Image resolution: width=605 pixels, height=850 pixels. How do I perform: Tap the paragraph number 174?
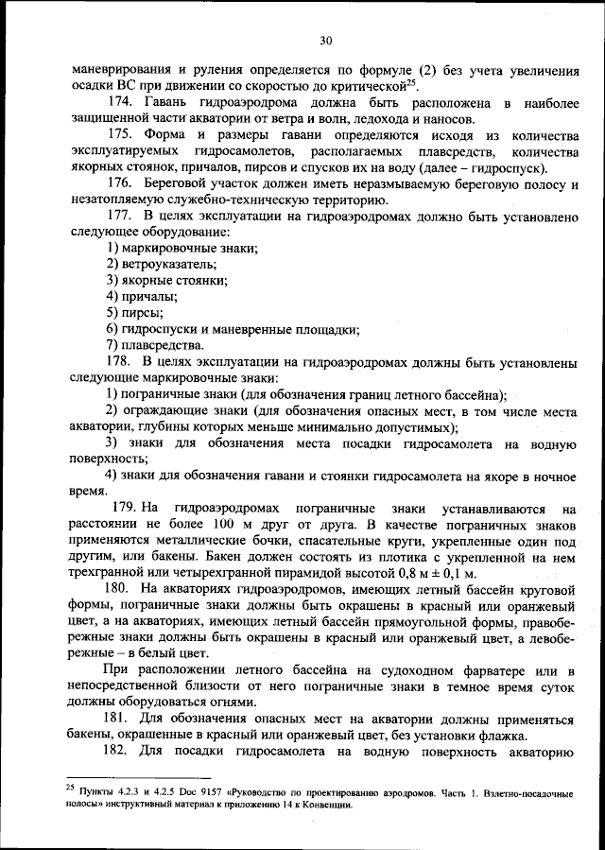pos(120,101)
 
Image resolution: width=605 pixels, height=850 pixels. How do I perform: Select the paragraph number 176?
pos(120,182)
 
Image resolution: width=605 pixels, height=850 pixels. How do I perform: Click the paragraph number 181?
pos(120,720)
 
